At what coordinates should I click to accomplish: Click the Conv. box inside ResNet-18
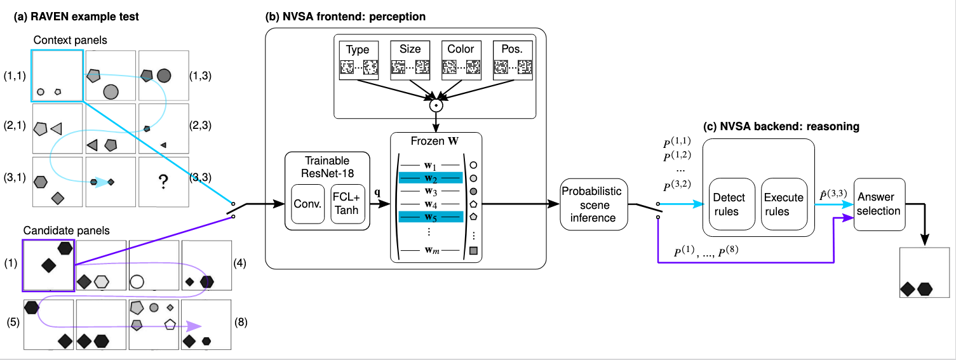[307, 204]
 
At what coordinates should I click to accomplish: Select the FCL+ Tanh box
[347, 204]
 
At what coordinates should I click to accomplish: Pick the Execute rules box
[783, 204]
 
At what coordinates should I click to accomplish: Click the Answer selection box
[879, 203]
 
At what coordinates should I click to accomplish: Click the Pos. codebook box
[513, 60]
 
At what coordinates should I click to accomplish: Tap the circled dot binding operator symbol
[436, 105]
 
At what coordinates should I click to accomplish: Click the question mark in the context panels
[163, 183]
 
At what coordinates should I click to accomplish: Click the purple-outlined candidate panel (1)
[49, 265]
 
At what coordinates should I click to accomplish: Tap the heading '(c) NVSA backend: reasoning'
[781, 126]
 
